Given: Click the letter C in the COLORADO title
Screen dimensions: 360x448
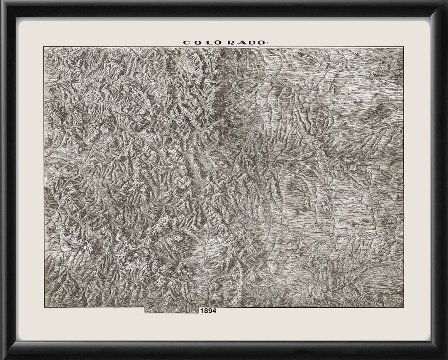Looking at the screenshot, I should [x=187, y=42].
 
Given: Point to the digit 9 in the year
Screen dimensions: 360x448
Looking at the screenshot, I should [x=210, y=311].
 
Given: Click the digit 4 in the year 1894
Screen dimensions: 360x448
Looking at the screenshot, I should [x=214, y=311].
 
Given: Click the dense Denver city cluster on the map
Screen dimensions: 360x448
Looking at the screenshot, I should [x=252, y=122].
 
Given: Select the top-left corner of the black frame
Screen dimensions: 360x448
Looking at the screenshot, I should [x=2, y=2].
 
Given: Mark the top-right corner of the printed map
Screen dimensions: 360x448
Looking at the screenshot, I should [x=403, y=47].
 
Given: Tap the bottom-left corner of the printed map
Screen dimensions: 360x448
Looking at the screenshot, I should [x=44, y=307].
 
